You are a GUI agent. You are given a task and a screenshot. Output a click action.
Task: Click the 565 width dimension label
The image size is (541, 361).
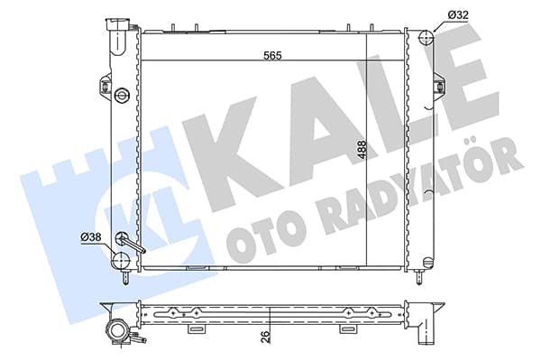(x=272, y=55)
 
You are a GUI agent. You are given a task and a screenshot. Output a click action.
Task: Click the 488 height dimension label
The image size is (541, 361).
(x=362, y=150)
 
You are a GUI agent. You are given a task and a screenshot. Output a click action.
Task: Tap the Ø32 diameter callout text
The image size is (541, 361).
(x=458, y=14)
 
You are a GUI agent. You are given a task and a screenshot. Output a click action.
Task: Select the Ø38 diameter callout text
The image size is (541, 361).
(x=91, y=237)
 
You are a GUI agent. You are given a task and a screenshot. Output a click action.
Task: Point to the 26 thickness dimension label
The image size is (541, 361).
(x=265, y=337)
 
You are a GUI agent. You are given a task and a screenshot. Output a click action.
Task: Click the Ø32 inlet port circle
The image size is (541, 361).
(x=426, y=37)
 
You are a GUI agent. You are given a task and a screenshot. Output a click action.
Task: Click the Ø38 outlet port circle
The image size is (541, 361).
(x=121, y=260)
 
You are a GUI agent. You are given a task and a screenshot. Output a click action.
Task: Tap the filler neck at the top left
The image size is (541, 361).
(x=119, y=36)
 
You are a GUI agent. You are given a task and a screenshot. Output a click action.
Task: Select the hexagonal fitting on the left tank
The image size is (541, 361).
(x=122, y=94)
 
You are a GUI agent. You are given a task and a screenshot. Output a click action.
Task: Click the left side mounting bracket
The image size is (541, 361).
(x=105, y=84)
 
